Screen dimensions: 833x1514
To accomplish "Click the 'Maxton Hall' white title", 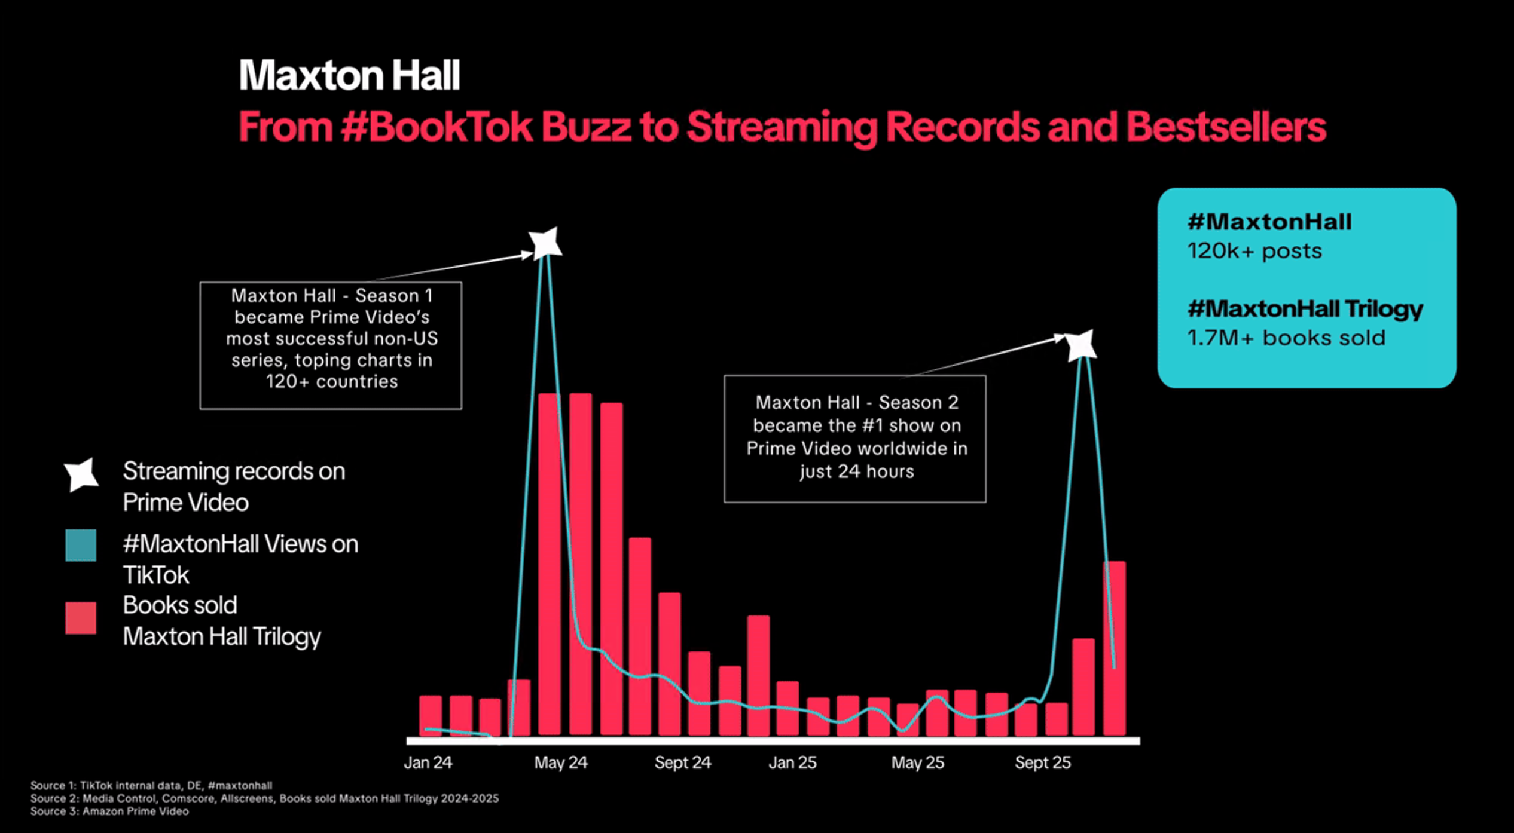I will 349,75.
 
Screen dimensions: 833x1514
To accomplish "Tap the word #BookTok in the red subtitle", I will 436,127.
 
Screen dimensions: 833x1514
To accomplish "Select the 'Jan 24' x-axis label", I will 428,762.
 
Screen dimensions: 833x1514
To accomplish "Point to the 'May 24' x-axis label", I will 560,762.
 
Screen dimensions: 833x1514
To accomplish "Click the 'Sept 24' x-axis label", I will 682,762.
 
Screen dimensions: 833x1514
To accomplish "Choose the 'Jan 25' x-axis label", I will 792,762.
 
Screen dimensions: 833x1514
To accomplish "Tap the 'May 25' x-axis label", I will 917,762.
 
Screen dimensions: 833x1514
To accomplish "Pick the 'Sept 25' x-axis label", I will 1042,762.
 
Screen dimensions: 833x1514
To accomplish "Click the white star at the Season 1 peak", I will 545,243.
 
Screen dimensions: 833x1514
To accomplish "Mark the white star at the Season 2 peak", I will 1081,345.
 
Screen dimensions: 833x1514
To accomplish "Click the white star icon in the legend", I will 81,475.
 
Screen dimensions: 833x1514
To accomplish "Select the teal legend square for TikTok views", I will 81,545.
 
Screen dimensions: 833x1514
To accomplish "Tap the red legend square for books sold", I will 81,618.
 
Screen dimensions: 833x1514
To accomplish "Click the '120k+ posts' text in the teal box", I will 1254,251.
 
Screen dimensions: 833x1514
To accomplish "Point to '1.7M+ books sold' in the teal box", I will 1286,338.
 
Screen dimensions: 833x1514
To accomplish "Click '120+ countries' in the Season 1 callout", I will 331,381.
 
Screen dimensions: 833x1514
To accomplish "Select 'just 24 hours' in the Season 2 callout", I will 857,471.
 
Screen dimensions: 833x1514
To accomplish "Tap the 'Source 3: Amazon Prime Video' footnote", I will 109,811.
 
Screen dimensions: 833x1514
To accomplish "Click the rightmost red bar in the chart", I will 1114,648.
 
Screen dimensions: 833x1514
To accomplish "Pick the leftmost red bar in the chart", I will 430,715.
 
